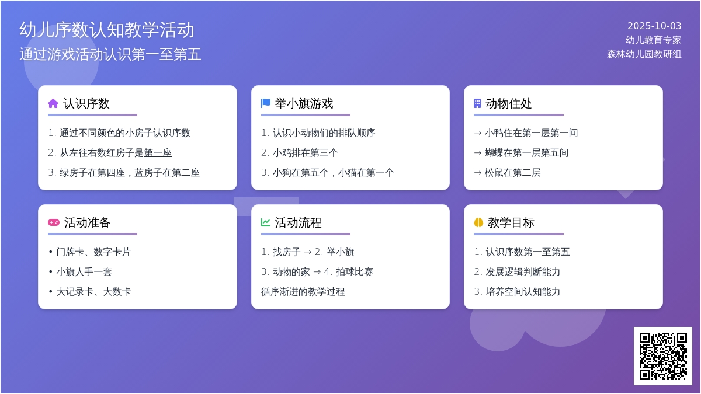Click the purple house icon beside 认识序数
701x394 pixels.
pos(53,103)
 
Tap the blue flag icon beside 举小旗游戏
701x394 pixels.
pos(266,103)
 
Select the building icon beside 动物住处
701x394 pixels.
pos(477,103)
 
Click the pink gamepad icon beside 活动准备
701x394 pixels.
pos(54,222)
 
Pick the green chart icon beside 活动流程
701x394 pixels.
pos(265,222)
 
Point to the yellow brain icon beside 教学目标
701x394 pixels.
pos(478,222)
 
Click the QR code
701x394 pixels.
pos(663,356)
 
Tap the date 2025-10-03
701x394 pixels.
pos(654,26)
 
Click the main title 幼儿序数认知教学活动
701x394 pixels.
pos(107,30)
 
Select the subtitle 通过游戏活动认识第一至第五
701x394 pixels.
pos(110,54)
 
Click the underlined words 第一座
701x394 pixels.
pos(158,152)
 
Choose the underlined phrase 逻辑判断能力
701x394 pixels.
pos(532,272)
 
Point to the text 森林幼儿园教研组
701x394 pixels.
pos(644,54)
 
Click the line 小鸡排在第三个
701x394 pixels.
pos(305,152)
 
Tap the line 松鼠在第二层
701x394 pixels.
pos(513,173)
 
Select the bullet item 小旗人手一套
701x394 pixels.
pos(84,272)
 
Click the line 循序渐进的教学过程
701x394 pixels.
pos(303,292)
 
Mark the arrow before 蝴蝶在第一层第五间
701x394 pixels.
pos(478,153)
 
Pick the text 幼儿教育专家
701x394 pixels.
pos(654,40)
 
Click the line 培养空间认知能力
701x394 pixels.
pos(523,292)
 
